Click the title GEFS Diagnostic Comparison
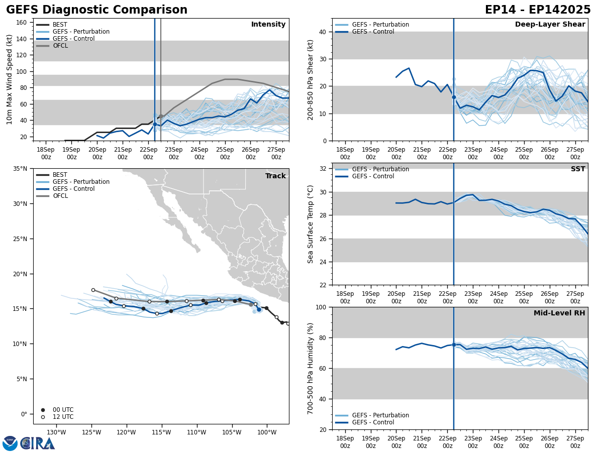(x=96, y=10)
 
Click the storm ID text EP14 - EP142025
(x=538, y=10)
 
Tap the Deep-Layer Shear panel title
(x=550, y=25)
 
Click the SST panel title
(x=578, y=169)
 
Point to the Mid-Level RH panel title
(x=559, y=313)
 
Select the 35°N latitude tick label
(x=20, y=169)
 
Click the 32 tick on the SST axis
(x=324, y=169)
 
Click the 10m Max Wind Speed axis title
(x=10, y=79)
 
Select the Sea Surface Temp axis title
(x=311, y=224)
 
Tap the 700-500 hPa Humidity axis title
(x=311, y=368)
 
